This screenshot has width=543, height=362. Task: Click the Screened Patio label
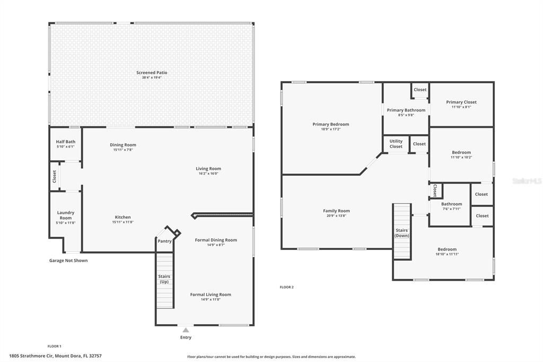point(152,73)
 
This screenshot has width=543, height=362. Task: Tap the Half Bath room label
point(66,142)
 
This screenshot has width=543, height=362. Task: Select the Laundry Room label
point(66,215)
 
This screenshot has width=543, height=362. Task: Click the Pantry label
point(165,241)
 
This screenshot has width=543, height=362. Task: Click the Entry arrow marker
point(186,330)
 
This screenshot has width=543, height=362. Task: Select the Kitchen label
point(122,217)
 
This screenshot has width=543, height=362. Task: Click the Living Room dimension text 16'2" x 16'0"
point(208,174)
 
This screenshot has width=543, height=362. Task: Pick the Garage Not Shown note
point(68,261)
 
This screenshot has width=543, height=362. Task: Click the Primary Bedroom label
point(331,124)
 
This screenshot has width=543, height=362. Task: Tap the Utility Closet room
point(396,144)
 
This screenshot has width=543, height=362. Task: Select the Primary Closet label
point(461,102)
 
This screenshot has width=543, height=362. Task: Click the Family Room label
point(336,211)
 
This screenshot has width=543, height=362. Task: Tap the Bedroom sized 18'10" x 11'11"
point(446,249)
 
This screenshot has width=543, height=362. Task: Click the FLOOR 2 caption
point(286,287)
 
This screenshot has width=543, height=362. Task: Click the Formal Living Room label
point(211,295)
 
